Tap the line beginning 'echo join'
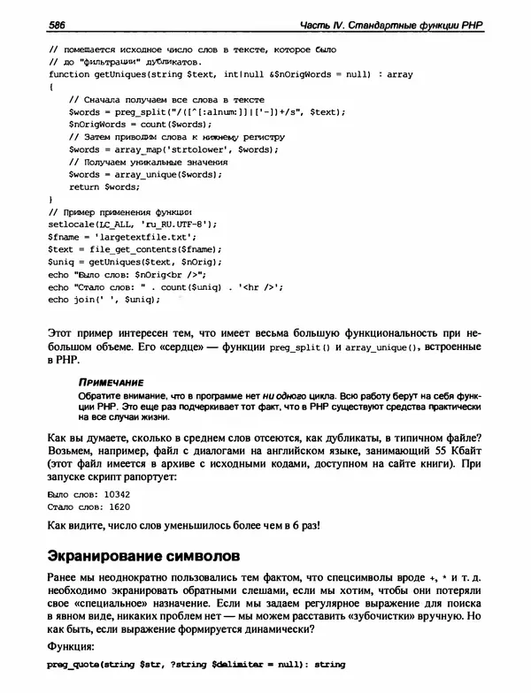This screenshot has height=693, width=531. pyautogui.click(x=104, y=300)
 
